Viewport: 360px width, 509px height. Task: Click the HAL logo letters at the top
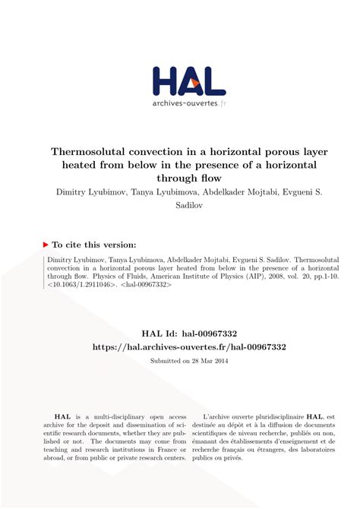(x=188, y=81)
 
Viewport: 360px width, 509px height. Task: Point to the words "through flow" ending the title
(x=181, y=178)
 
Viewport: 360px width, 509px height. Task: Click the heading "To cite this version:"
(x=95, y=245)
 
